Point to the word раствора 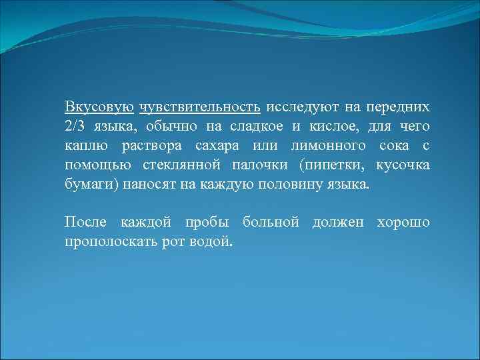[x=151, y=145]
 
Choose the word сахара [x=217, y=145]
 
